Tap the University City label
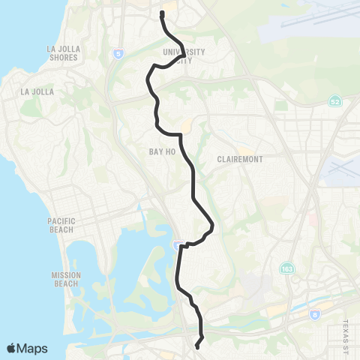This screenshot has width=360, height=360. [183, 55]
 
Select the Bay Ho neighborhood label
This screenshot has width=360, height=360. [161, 151]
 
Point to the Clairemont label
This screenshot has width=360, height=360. [238, 160]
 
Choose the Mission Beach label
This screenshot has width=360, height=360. [66, 279]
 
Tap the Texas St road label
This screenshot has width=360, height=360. [346, 330]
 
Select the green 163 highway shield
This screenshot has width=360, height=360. [287, 268]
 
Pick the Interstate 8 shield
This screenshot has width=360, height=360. [314, 315]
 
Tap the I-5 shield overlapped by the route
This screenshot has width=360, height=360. [178, 244]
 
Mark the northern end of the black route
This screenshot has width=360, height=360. [162, 13]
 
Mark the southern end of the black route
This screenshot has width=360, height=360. [196, 346]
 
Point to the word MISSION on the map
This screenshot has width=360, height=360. [66, 275]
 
